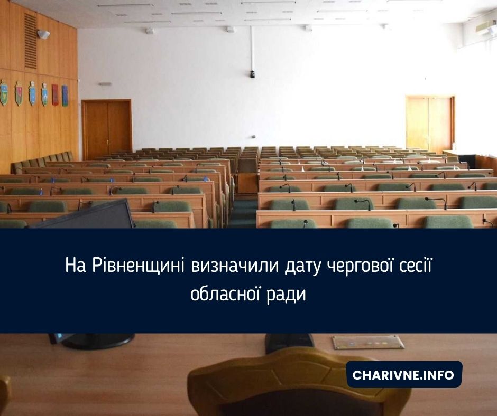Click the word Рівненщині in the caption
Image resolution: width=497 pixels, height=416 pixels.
click(138, 266)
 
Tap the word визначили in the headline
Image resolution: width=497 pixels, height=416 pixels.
click(235, 266)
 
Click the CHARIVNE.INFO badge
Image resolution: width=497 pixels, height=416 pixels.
click(404, 374)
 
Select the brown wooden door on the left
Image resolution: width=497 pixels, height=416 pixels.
click(107, 129)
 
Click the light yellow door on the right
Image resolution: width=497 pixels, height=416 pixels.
click(430, 124)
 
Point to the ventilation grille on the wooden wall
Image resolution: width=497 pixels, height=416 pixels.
click(31, 41)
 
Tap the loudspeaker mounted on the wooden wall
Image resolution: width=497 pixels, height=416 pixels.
click(43, 34)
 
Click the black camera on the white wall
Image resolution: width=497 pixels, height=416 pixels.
click(253, 74)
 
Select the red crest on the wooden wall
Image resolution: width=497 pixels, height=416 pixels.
click(55, 95)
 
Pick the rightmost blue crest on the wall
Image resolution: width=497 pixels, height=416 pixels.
click(65, 96)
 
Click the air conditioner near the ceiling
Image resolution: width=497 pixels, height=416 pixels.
click(486, 26)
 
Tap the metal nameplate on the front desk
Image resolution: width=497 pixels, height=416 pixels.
click(368, 342)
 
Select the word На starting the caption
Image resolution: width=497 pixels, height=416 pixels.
click(76, 266)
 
